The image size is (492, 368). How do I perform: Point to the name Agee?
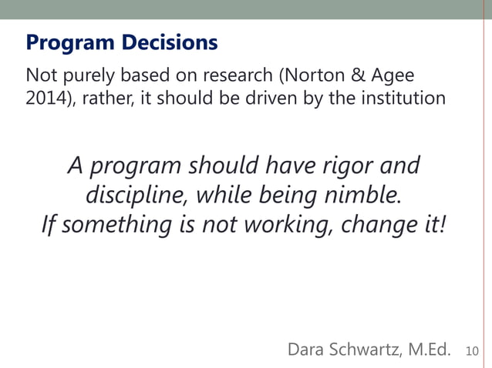[x=393, y=77]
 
